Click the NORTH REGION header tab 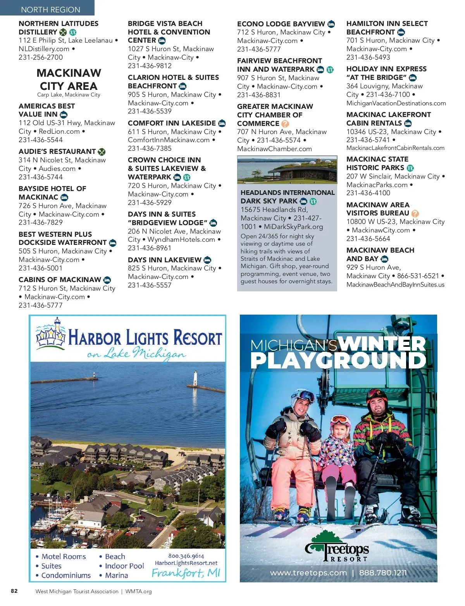click(x=50, y=9)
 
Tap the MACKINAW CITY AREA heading click(x=69, y=79)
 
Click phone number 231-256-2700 click(x=41, y=57)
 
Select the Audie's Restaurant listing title click(x=57, y=151)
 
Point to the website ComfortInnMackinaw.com click(x=169, y=140)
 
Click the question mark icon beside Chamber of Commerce click(x=285, y=124)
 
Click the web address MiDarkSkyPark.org click(x=293, y=227)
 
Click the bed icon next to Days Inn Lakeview click(x=207, y=260)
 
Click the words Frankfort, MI click(x=186, y=573)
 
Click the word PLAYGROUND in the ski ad click(x=338, y=360)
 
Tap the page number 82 click(x=14, y=591)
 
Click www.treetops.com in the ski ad click(x=308, y=573)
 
